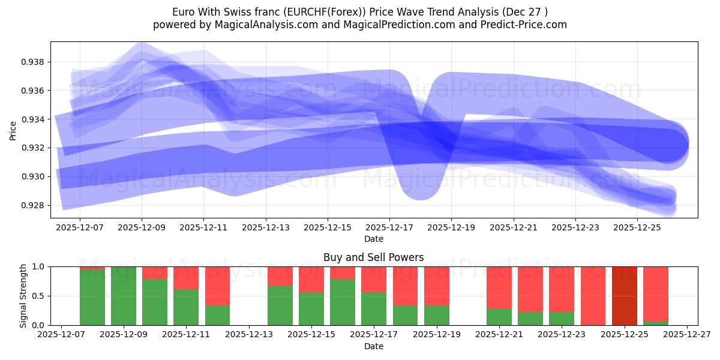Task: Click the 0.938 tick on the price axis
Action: click(x=33, y=62)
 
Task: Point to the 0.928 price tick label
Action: click(x=33, y=205)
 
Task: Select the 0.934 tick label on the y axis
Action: click(x=33, y=119)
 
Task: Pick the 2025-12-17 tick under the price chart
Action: click(x=389, y=228)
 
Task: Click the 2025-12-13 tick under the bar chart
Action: click(x=249, y=335)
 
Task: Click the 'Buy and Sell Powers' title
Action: click(x=373, y=257)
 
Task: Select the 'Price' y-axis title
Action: click(x=13, y=130)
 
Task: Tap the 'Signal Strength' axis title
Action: click(x=23, y=296)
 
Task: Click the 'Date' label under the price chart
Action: click(x=373, y=239)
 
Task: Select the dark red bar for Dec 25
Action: click(x=625, y=296)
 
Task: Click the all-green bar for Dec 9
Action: click(x=124, y=296)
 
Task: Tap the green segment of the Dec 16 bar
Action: click(x=343, y=302)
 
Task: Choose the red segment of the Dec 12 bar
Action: click(x=217, y=286)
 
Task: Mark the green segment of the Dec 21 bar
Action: click(x=499, y=317)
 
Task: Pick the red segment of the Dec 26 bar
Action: click(x=656, y=293)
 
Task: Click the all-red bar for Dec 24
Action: click(x=593, y=296)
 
